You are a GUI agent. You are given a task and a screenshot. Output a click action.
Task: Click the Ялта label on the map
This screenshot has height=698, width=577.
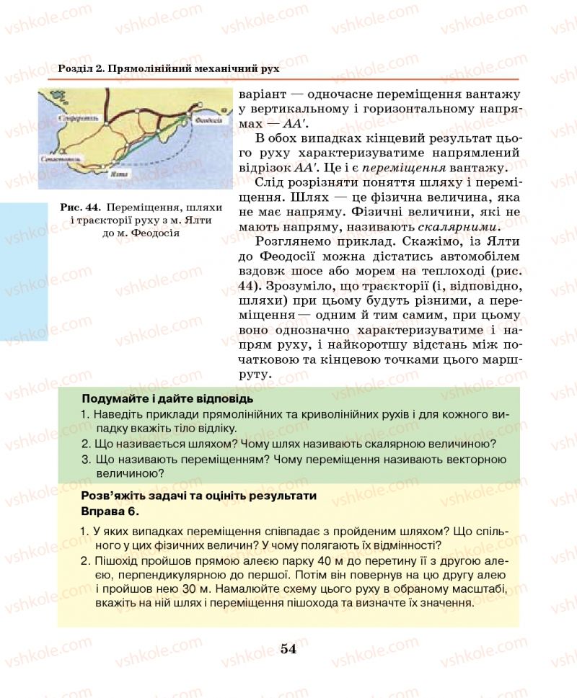[113, 174]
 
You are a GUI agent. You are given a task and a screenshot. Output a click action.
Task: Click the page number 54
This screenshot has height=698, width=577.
[288, 648]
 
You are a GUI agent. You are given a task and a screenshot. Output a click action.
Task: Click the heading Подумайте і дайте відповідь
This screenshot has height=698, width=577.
[168, 398]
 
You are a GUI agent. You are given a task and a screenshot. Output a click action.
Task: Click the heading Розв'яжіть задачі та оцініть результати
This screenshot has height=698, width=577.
[199, 496]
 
